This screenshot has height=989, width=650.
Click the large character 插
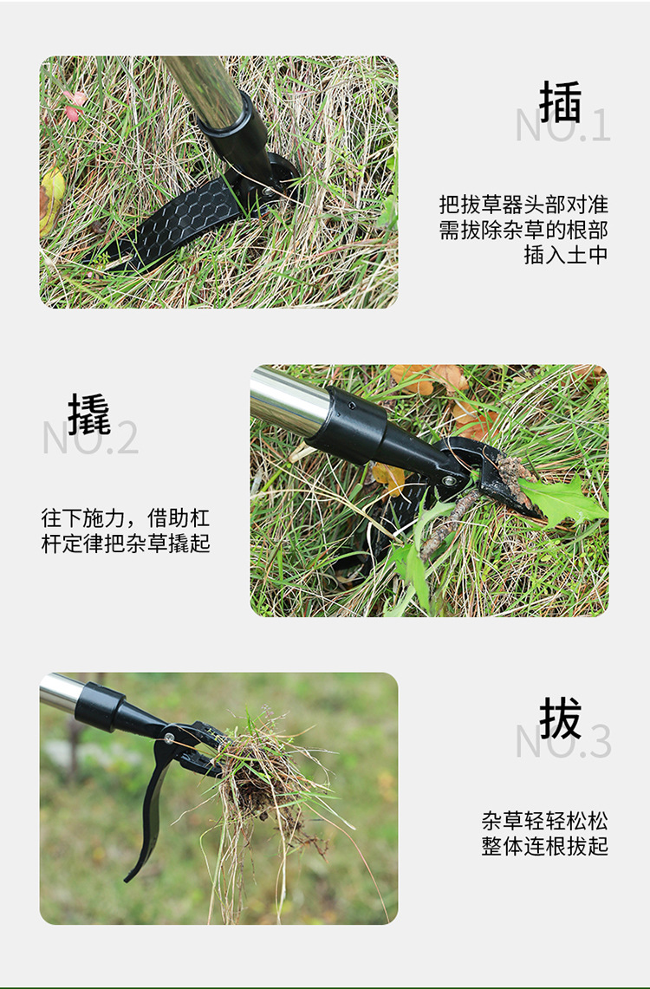click(x=561, y=103)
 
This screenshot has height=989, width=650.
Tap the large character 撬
click(x=89, y=414)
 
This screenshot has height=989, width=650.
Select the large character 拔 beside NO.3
click(x=561, y=719)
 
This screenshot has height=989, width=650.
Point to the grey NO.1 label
click(x=563, y=127)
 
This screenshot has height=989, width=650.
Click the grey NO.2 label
click(x=90, y=439)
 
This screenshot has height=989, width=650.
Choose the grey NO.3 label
click(x=563, y=742)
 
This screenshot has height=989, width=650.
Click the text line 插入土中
click(x=565, y=255)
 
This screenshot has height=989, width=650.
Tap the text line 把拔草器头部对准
click(x=523, y=205)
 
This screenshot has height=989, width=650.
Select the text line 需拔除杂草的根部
click(x=523, y=230)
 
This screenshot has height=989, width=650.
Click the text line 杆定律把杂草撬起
click(x=126, y=543)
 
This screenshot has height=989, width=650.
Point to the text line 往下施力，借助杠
click(x=126, y=518)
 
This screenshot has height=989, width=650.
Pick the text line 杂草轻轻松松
click(x=545, y=820)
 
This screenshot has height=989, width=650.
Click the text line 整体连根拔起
click(x=545, y=846)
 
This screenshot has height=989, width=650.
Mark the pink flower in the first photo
click(x=73, y=104)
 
